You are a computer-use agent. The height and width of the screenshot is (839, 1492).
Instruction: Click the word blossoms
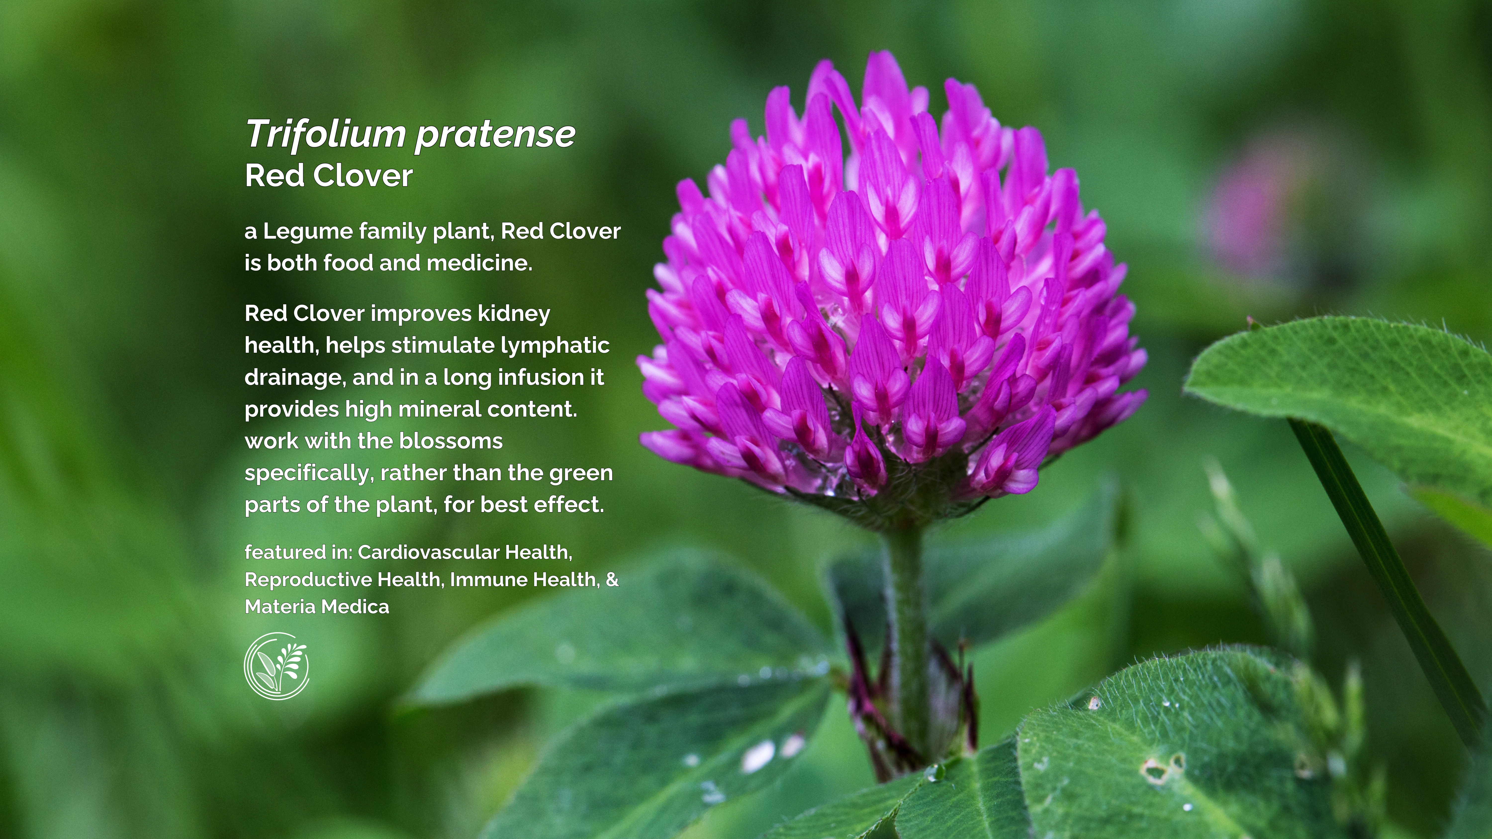(x=451, y=441)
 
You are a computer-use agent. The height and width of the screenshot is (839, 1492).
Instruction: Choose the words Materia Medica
(x=317, y=607)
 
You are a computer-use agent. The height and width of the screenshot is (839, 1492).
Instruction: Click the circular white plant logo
(x=276, y=666)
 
